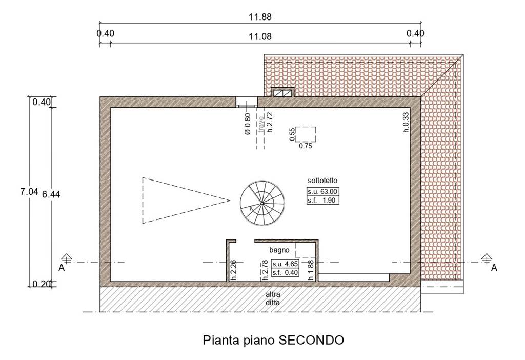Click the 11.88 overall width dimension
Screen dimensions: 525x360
click(260, 17)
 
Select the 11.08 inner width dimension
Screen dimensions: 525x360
click(260, 36)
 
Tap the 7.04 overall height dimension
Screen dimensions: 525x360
click(29, 192)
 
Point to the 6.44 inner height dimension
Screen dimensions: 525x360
click(51, 194)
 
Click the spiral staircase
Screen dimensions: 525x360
click(262, 203)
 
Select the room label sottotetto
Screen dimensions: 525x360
click(322, 181)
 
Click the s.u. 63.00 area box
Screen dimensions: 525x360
click(323, 192)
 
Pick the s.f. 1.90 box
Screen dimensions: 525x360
click(323, 201)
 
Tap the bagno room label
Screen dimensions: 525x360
click(279, 250)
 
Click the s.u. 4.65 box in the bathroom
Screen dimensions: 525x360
click(285, 264)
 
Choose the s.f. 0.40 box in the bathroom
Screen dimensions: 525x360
click(285, 273)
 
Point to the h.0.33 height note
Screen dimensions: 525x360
click(406, 122)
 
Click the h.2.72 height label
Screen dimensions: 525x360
click(270, 122)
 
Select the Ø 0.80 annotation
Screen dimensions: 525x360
click(248, 124)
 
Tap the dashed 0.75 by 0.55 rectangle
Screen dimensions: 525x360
click(306, 134)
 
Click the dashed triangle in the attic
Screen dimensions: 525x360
click(186, 201)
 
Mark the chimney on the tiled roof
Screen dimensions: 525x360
click(282, 92)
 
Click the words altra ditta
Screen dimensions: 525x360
click(273, 298)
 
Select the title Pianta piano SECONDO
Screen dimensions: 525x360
click(273, 340)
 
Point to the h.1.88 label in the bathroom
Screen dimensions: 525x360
click(311, 270)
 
